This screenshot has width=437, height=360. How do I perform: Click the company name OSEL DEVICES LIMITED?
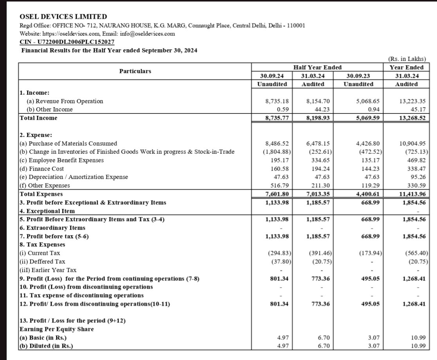(x=63, y=16)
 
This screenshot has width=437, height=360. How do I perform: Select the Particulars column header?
(x=135, y=71)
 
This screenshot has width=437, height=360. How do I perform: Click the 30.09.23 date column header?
(x=359, y=76)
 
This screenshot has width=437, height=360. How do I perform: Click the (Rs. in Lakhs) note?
(x=407, y=59)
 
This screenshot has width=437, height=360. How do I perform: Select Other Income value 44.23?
(x=319, y=110)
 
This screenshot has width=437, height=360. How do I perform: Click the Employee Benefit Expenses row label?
(x=61, y=160)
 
